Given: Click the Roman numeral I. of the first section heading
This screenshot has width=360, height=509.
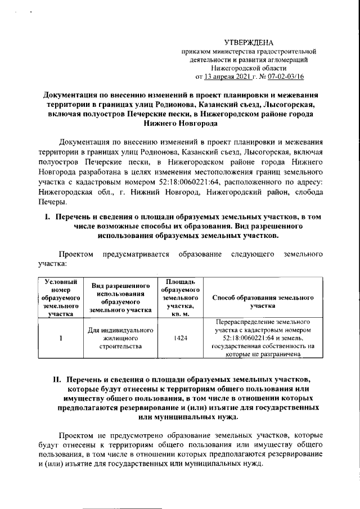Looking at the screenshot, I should tap(48, 217).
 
